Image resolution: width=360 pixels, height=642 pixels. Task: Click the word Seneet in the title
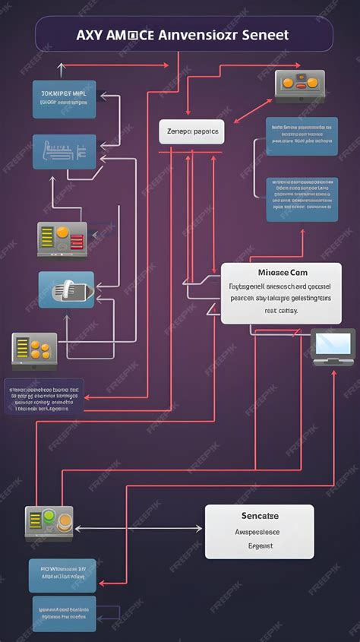tap(267, 35)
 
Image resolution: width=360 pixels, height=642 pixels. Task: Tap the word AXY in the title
tap(88, 35)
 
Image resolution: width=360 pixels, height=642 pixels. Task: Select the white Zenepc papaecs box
tap(191, 131)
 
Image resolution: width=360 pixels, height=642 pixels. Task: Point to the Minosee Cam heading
tap(282, 272)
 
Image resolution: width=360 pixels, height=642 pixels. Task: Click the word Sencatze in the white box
tap(260, 516)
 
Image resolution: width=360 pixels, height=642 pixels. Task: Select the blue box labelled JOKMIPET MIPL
tap(65, 100)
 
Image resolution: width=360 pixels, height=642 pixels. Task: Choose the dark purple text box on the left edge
tap(44, 397)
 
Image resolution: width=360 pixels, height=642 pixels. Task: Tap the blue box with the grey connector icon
tap(66, 289)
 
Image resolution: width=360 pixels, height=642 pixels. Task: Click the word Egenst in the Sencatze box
tap(260, 545)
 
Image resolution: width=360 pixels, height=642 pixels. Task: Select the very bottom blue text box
tap(65, 613)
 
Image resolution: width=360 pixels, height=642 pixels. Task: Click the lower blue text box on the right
tap(302, 199)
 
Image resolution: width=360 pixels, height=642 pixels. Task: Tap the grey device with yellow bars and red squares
tap(62, 239)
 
